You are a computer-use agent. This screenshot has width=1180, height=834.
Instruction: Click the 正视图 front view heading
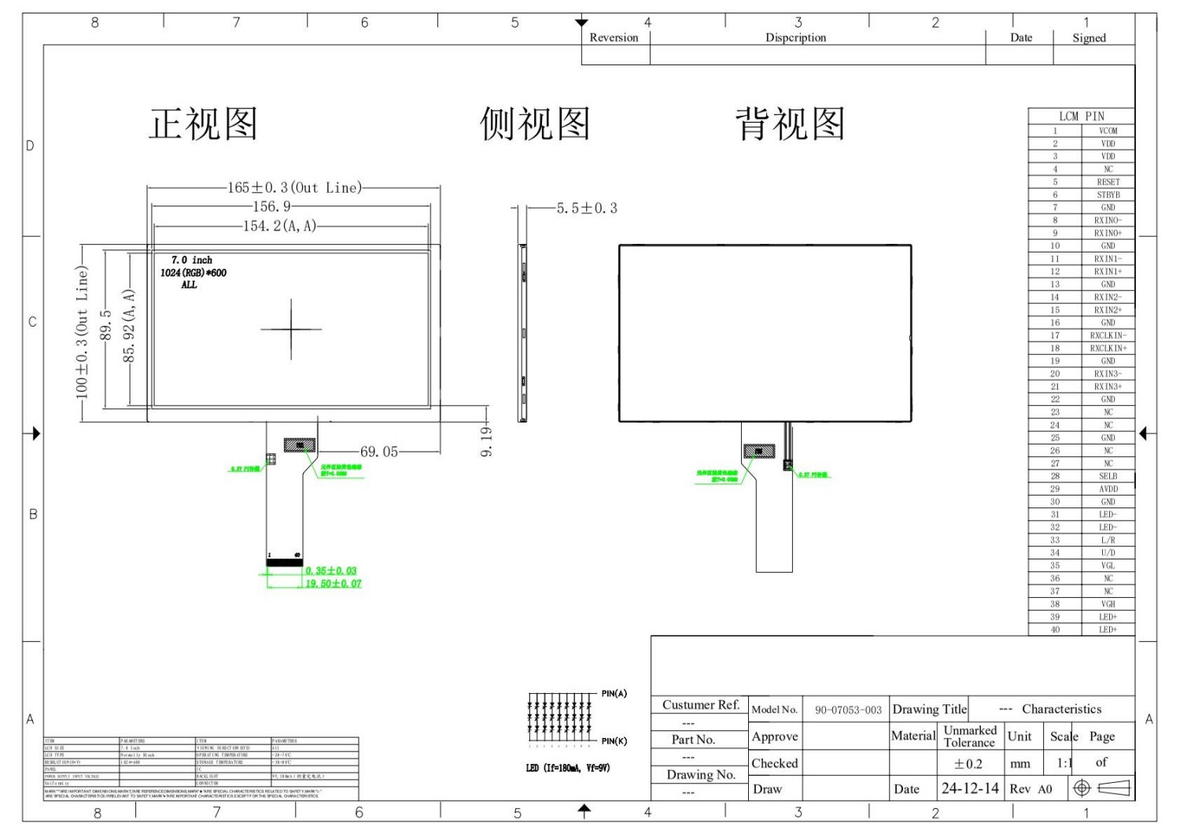(204, 124)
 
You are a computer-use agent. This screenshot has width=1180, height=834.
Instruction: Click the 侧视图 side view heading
(535, 124)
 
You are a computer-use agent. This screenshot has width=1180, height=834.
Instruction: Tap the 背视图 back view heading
(790, 124)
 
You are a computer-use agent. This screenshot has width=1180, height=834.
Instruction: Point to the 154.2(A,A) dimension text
(279, 226)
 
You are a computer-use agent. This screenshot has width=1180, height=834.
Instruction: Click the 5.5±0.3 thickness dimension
(587, 208)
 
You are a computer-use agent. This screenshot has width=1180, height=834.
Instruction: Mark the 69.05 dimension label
(379, 452)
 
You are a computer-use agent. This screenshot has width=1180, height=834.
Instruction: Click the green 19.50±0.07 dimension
(334, 584)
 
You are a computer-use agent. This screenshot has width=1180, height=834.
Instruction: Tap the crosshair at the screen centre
(291, 329)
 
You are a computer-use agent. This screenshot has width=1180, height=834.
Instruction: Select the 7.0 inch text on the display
(192, 260)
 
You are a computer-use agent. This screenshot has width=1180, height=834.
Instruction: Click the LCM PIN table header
(1081, 116)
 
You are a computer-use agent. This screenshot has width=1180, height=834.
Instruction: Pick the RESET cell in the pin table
(1108, 182)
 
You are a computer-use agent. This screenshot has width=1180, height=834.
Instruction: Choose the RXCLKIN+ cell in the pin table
(1108, 348)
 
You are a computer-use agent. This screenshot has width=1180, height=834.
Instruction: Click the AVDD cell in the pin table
(1108, 489)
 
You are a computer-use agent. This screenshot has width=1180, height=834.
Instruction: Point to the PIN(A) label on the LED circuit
(614, 693)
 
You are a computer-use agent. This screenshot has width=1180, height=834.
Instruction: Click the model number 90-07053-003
(848, 710)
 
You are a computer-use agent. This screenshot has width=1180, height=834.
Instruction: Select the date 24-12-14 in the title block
(970, 788)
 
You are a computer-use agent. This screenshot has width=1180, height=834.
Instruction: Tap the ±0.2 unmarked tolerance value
(968, 763)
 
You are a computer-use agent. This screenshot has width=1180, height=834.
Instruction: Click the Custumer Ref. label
(701, 705)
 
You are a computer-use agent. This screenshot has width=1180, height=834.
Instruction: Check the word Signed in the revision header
(1089, 38)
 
